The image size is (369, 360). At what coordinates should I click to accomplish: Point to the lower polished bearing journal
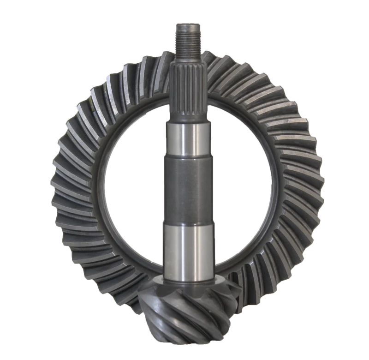pos(190,249)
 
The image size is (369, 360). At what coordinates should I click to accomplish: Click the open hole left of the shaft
pos(134,185)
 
